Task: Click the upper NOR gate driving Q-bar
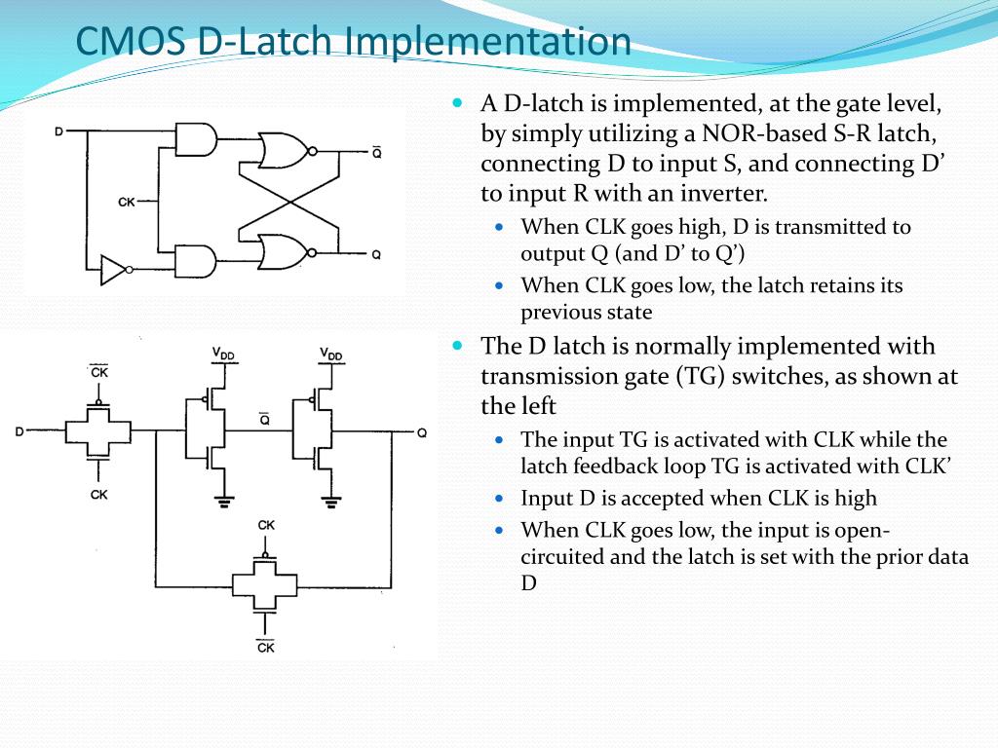click(285, 151)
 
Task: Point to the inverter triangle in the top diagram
click(114, 270)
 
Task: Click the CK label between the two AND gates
click(127, 202)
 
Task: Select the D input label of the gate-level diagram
click(59, 130)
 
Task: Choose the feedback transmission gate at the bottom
click(265, 584)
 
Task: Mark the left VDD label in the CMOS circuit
click(224, 354)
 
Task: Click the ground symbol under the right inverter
click(331, 501)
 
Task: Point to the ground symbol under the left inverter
click(224, 501)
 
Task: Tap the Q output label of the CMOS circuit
click(421, 431)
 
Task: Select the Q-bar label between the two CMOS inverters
click(264, 420)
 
